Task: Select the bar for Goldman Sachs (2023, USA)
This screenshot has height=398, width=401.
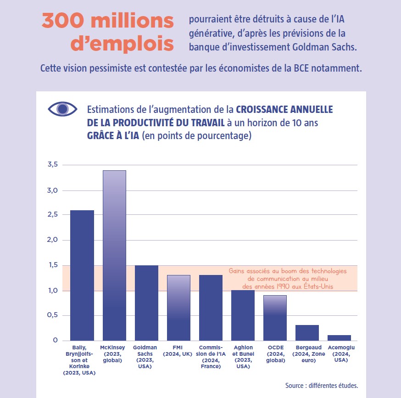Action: tap(146, 303)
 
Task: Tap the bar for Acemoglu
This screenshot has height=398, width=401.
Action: tap(339, 337)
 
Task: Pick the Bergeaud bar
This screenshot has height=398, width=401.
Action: tap(307, 332)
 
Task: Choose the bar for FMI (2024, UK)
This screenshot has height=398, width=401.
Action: tap(178, 308)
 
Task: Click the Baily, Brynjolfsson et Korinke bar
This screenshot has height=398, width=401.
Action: tap(82, 275)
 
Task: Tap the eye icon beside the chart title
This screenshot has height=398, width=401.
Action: tap(62, 109)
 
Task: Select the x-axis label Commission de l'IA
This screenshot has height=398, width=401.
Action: tap(211, 357)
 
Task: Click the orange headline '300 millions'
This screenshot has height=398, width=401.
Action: tap(108, 21)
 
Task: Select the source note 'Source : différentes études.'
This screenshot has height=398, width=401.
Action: tap(321, 386)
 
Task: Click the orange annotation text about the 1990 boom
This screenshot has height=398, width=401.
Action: tap(288, 279)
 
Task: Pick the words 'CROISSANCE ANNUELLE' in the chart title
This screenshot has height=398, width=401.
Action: tap(284, 110)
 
